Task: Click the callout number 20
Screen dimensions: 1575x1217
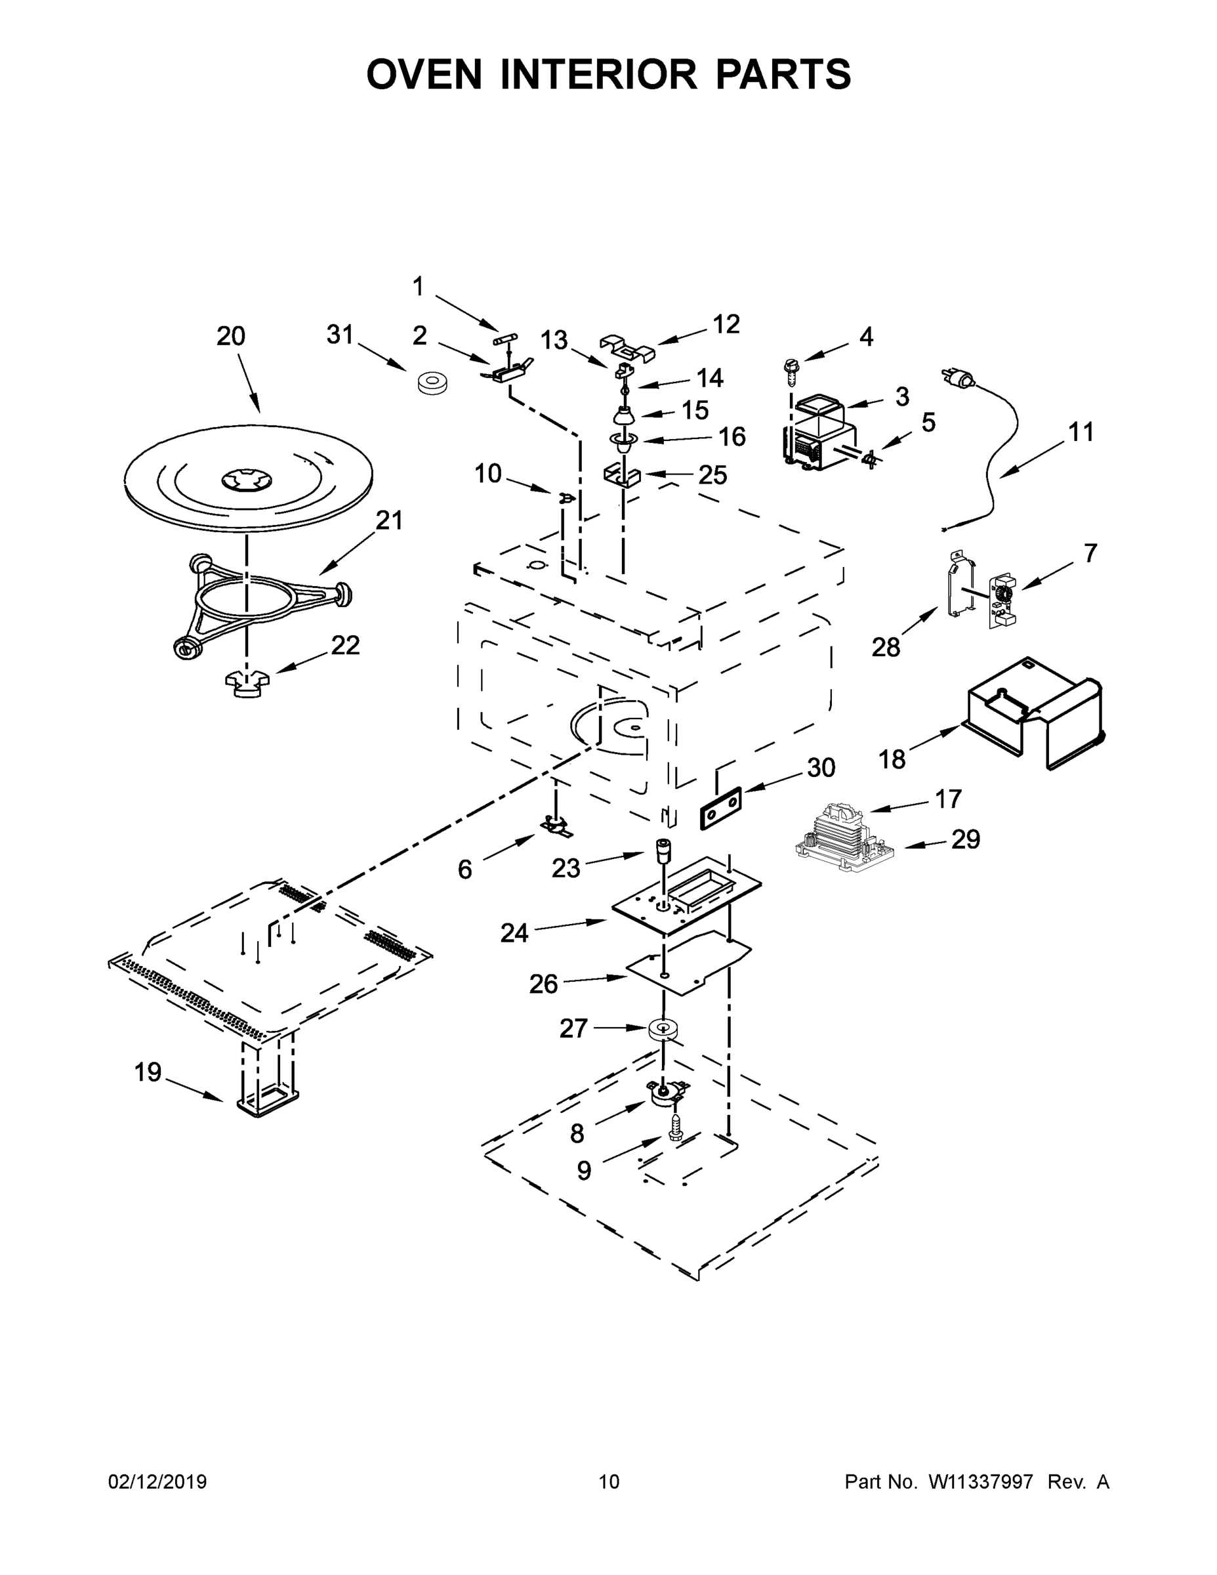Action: [x=231, y=337]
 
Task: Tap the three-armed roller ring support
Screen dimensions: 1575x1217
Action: [x=260, y=602]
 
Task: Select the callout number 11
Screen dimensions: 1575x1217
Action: [x=1081, y=432]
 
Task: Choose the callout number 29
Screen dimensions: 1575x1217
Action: [x=965, y=839]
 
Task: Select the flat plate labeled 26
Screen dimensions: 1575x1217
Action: [x=688, y=963]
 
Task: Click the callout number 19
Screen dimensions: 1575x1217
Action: [x=148, y=1072]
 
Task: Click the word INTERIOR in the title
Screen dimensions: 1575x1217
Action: [x=599, y=74]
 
